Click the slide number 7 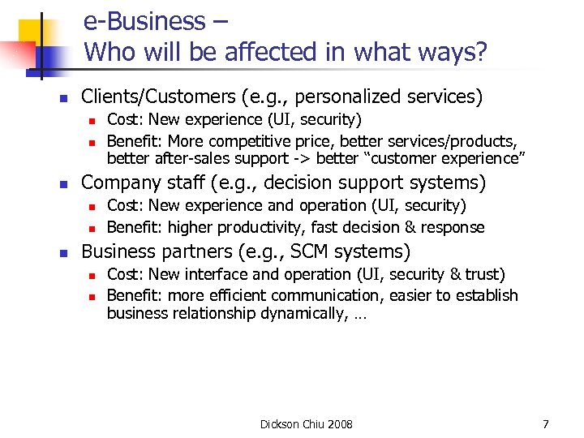tap(546, 424)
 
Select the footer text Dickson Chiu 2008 tap(307, 424)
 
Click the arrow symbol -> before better tap(302, 158)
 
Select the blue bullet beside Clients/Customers tap(62, 99)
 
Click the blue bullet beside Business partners tap(62, 254)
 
